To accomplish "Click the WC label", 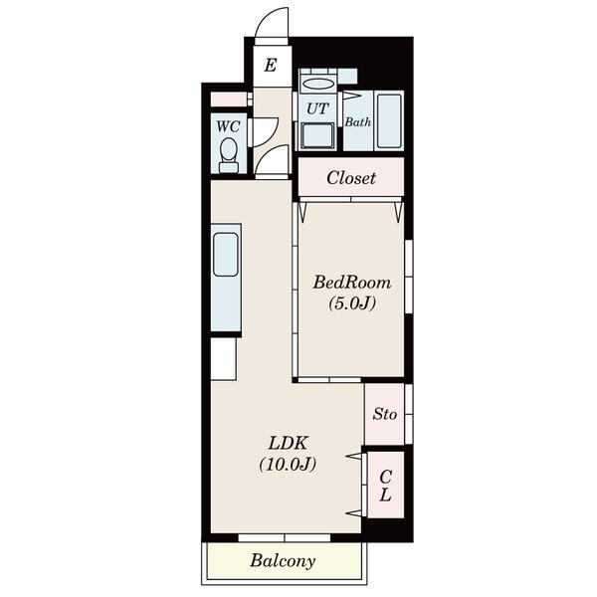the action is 228,126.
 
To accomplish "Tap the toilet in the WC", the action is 229,156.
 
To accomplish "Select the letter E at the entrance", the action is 271,65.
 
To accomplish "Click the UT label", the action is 317,108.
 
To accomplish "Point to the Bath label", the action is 358,122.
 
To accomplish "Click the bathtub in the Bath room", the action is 389,120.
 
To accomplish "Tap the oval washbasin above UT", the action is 317,84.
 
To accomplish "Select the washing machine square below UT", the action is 317,136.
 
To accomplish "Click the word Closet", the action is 351,178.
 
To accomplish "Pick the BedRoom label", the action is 352,283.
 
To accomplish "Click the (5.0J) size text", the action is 352,303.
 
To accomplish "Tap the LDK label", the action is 288,443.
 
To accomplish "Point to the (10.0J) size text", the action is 288,464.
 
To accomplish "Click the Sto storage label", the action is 384,414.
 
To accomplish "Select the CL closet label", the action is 385,486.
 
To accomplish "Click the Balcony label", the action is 283,561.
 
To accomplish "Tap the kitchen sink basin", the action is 226,255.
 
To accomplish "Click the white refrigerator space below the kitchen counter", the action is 224,358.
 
